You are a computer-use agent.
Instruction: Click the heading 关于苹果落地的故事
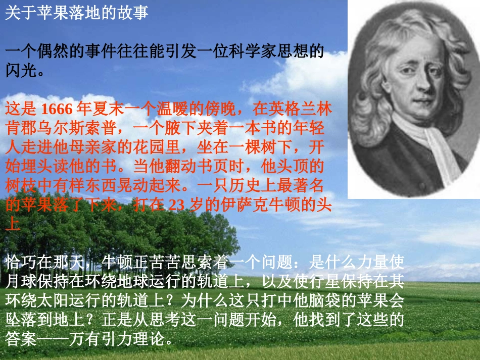[x=77, y=13]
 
